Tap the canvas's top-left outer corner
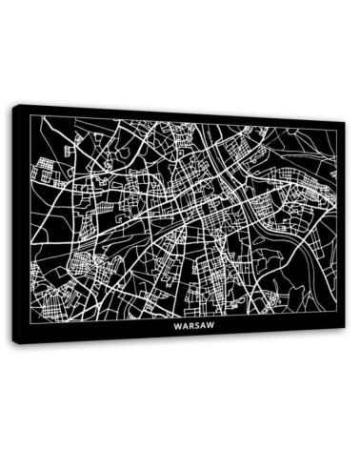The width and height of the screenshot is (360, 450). coord(12,104)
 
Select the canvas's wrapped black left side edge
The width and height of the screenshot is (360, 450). coord(16,224)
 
